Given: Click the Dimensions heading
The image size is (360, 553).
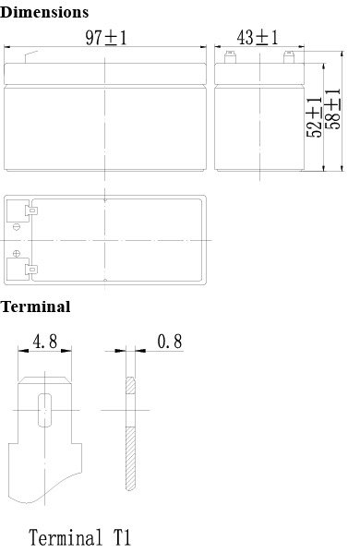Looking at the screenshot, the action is (44, 12).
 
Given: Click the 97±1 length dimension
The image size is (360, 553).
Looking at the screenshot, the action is (106, 38).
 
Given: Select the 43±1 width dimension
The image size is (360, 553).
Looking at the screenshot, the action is (258, 37).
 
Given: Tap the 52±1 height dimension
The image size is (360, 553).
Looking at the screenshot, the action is (314, 116).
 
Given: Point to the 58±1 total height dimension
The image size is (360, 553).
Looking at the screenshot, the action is (333, 109).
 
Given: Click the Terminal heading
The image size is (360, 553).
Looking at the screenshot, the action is (35, 307).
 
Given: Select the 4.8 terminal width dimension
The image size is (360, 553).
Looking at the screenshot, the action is (45, 342).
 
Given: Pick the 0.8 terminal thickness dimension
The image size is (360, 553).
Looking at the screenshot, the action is (170, 342).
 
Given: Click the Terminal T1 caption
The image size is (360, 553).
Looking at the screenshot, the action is (79, 537).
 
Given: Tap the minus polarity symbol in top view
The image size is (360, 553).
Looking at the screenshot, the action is (17, 227).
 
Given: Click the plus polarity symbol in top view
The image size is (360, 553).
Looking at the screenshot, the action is (17, 253).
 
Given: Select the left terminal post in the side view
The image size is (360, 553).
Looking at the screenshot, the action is (230, 57).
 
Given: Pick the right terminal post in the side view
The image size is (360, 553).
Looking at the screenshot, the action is (289, 57).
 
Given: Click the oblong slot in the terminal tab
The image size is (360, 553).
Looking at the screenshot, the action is (45, 410).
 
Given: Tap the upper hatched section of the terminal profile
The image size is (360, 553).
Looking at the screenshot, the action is (130, 385).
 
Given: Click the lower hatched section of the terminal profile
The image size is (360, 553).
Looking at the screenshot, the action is (130, 459).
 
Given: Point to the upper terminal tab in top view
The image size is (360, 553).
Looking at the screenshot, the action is (31, 210).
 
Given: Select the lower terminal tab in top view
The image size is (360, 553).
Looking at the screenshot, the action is (31, 270).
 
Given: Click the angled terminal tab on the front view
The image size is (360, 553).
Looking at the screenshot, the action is (31, 57).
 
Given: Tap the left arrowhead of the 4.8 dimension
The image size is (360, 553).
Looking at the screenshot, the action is (23, 351).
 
